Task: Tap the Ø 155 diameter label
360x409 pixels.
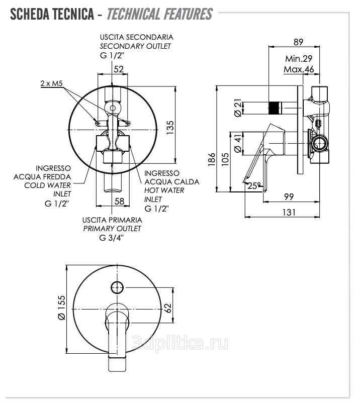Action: tap(61, 308)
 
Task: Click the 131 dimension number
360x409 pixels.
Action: tap(288, 213)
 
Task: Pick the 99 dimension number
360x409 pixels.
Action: tap(289, 196)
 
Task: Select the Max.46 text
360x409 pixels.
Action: tap(299, 69)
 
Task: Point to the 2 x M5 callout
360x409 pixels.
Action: tap(52, 84)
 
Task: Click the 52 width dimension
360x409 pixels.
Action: tap(119, 69)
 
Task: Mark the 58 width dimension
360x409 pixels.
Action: tap(119, 201)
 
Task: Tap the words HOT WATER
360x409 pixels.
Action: tap(164, 190)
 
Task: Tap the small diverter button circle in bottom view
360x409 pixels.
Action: tap(117, 287)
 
